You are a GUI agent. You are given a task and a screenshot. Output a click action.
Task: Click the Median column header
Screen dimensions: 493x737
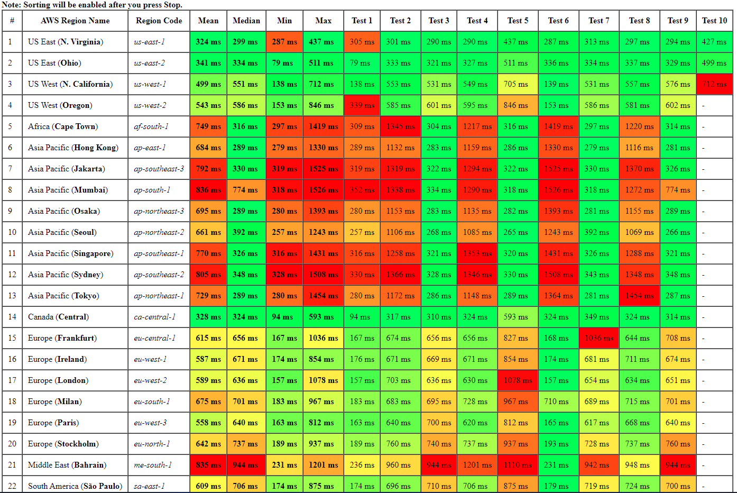pos(246,21)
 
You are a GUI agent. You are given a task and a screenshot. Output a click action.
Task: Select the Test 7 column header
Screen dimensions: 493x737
pos(598,21)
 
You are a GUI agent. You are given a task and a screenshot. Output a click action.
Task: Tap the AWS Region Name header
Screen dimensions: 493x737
pos(75,21)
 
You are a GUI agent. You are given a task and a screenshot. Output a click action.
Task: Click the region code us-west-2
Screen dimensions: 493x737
pos(150,105)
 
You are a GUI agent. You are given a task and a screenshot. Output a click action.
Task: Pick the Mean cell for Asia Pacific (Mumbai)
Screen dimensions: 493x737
pos(208,190)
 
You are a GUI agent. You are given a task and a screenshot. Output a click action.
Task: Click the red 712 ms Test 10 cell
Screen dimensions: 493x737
pos(714,84)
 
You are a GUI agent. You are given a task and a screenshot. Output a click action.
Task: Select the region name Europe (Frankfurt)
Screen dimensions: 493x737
pos(62,338)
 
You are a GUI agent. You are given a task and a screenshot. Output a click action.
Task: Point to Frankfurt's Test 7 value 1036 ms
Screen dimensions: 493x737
pos(598,338)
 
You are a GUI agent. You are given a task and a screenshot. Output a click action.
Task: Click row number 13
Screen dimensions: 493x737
pos(12,296)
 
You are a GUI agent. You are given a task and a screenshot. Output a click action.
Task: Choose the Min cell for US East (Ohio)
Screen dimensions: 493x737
pos(284,63)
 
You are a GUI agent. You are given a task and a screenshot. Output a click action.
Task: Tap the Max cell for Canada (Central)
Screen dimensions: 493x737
pos(323,317)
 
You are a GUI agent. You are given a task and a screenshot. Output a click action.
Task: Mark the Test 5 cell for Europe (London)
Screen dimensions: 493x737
pos(518,380)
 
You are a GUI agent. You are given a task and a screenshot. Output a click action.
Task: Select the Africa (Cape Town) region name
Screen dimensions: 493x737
pos(63,126)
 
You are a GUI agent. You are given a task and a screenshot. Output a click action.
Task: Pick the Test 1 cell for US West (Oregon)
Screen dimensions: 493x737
pos(362,105)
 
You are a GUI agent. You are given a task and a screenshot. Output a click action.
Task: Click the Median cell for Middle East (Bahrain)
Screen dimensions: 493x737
pos(246,465)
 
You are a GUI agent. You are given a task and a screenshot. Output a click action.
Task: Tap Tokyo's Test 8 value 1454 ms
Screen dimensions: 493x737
pos(639,296)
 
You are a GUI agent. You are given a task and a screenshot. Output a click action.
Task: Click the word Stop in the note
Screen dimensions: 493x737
pos(172,5)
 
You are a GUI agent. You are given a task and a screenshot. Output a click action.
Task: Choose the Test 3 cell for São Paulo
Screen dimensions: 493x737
pos(439,486)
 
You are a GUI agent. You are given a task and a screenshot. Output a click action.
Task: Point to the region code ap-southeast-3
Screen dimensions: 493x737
pos(159,169)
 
